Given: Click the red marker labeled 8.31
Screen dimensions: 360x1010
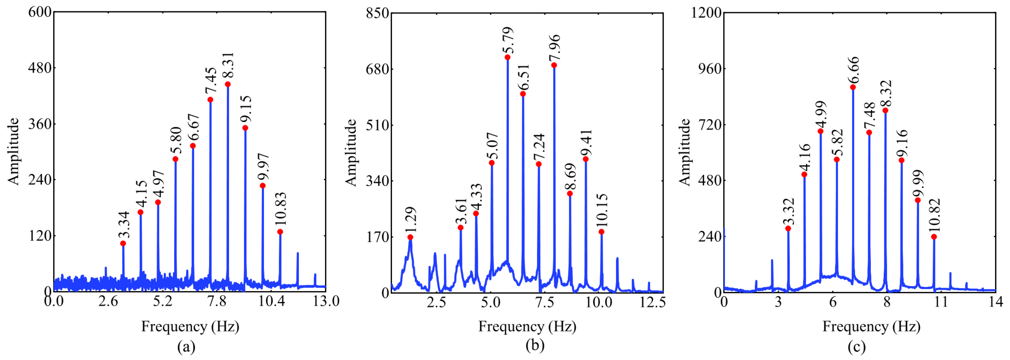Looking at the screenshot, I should point(228,84).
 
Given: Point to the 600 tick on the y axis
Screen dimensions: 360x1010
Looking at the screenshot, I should point(40,12).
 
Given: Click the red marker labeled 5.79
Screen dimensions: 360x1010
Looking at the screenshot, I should point(507,57).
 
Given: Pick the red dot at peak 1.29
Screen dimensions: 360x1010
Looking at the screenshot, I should point(410,237).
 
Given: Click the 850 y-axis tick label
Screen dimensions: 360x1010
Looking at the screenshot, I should point(377,13).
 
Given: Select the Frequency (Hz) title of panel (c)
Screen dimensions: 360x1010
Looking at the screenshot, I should point(871,326).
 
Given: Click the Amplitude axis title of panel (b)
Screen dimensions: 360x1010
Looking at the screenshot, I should point(351,152).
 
